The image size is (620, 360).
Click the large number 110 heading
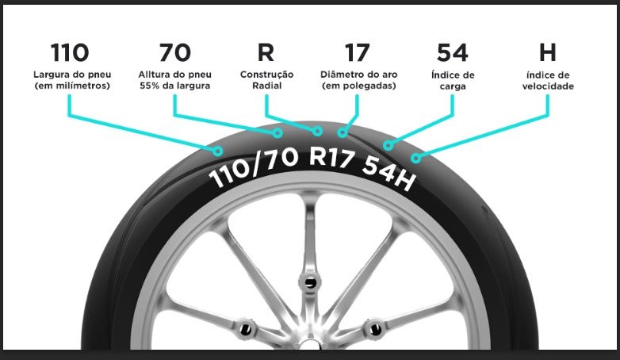coord(70,52)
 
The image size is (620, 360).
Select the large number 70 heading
coord(174,52)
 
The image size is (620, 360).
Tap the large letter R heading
coord(266,52)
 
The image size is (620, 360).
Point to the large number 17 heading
coord(357,52)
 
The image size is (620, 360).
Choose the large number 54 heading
coord(453,52)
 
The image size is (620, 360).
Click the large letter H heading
coord(548,52)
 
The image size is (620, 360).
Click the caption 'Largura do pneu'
coord(72,75)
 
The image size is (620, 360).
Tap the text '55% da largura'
coord(174,86)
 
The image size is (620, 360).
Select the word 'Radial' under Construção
coord(267,86)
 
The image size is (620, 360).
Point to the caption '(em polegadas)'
coord(358,86)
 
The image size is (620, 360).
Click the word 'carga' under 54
coord(453,86)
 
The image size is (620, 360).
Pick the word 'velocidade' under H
coord(548,86)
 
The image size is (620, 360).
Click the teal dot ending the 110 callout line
coord(217,151)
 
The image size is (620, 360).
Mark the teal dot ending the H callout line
coord(415,159)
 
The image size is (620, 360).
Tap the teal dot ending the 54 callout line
coord(388,146)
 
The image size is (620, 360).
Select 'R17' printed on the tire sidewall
coord(331,157)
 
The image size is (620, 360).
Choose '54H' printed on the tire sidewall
coord(388,172)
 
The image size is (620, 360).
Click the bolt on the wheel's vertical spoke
coord(310,283)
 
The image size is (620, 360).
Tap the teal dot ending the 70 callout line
coord(277,133)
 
